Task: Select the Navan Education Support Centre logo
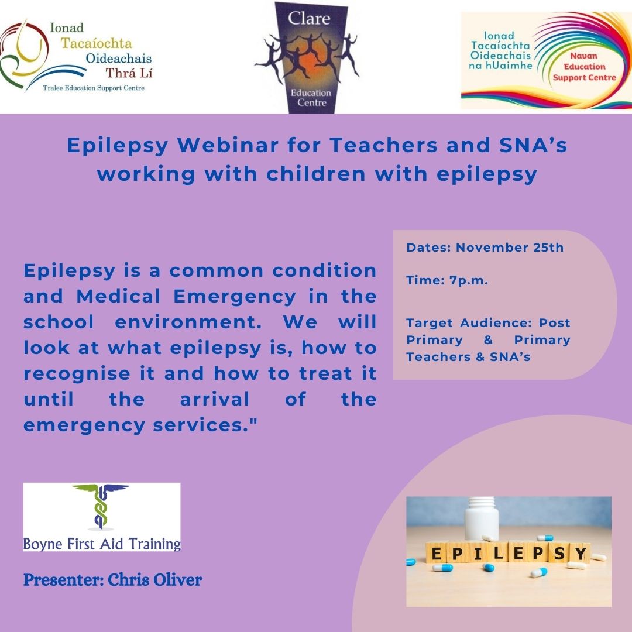[x=545, y=60]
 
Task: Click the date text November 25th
[x=510, y=248]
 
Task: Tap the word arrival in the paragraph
[x=214, y=399]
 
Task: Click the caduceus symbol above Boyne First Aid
[x=101, y=505]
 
